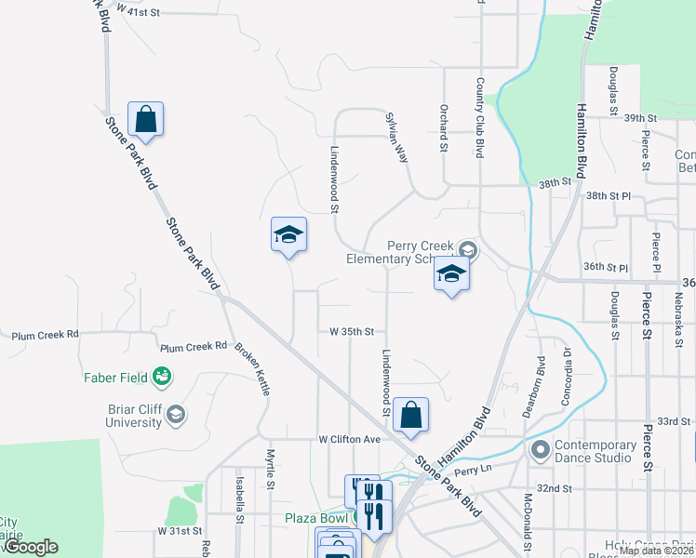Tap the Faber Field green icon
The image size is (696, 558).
pos(163,377)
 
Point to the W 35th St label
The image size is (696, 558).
pos(351,331)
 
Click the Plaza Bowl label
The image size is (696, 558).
pos(316,518)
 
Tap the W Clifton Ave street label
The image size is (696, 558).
pos(350,439)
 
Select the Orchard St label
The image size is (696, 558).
pos(444,127)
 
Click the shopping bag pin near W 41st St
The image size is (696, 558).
pos(145,119)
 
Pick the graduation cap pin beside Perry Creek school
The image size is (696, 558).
pos(451,274)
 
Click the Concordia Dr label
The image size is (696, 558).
pos(566,365)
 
